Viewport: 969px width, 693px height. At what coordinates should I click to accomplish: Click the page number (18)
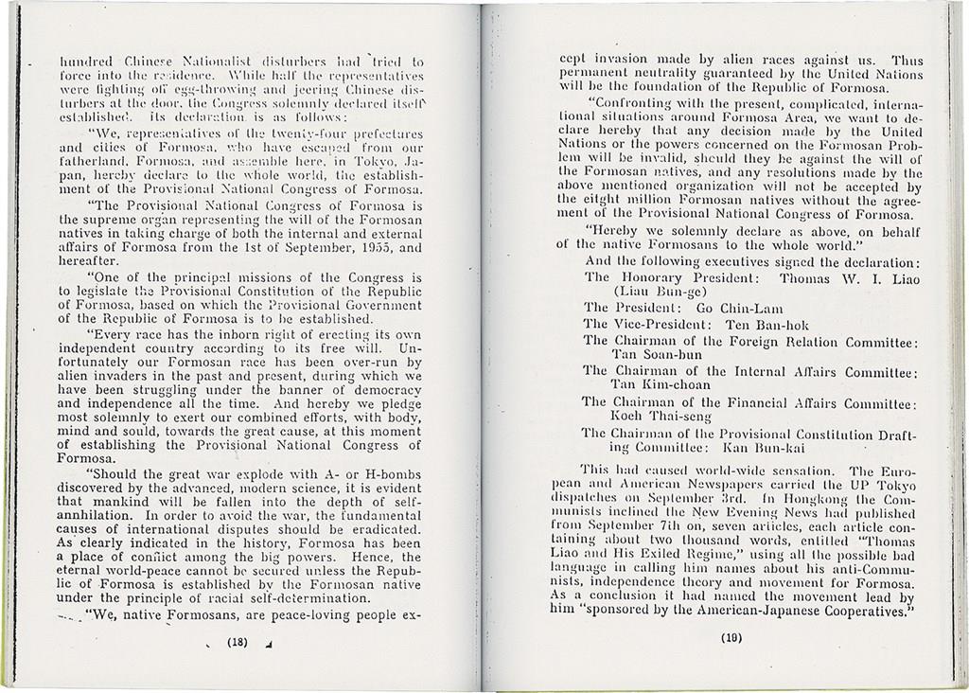click(237, 641)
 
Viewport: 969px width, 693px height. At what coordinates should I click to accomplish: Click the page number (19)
click(731, 637)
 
